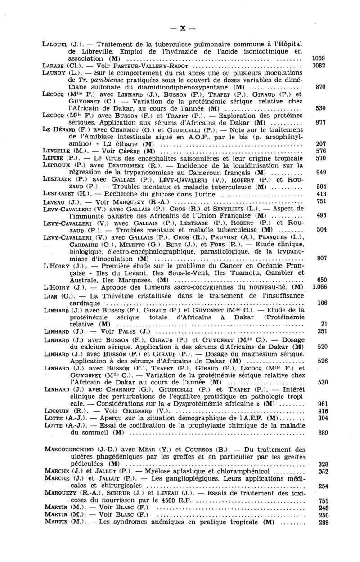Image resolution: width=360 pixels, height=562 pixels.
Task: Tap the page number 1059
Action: [x=318, y=58]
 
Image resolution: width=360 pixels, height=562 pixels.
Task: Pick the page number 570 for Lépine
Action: [x=321, y=158]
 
